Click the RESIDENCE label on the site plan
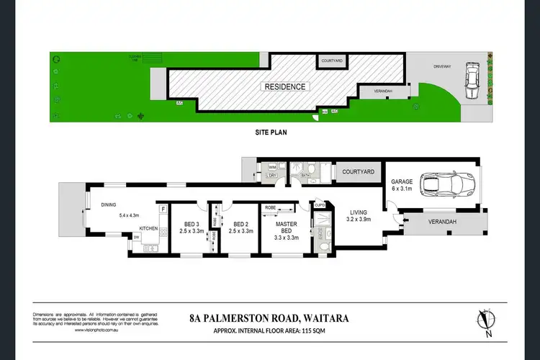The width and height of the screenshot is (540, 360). coord(285,87)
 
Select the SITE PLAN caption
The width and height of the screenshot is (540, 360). coord(271,133)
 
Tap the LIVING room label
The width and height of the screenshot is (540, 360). coord(359,212)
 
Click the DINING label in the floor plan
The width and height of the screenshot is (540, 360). coord(109,203)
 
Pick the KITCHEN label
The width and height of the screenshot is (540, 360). coord(149,229)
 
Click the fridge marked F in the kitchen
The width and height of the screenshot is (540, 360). coord(163,210)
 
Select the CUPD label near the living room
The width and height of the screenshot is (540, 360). coord(320,206)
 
